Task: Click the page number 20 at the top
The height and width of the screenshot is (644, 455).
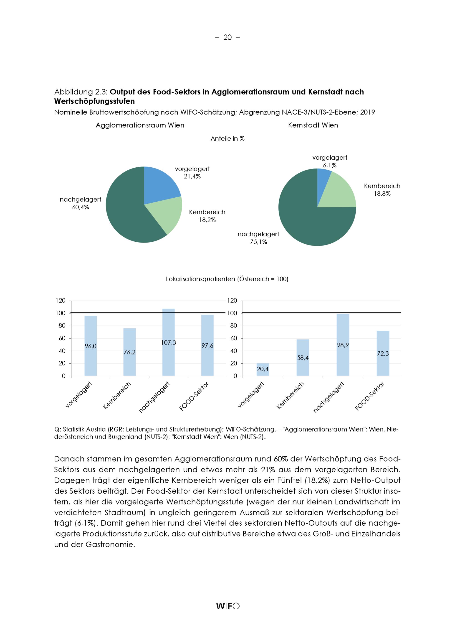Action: tap(227, 37)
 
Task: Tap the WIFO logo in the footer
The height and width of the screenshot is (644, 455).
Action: tap(227, 606)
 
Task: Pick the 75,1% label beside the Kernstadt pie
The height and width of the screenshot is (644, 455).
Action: tap(258, 242)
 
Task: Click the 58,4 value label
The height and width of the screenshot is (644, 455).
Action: tap(303, 358)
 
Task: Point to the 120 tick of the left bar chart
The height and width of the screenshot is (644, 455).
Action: tap(61, 300)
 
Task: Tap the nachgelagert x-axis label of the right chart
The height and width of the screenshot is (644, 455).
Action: tap(328, 397)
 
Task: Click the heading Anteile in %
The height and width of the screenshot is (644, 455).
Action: tap(227, 138)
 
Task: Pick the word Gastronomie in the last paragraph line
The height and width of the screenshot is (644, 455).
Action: tap(110, 544)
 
